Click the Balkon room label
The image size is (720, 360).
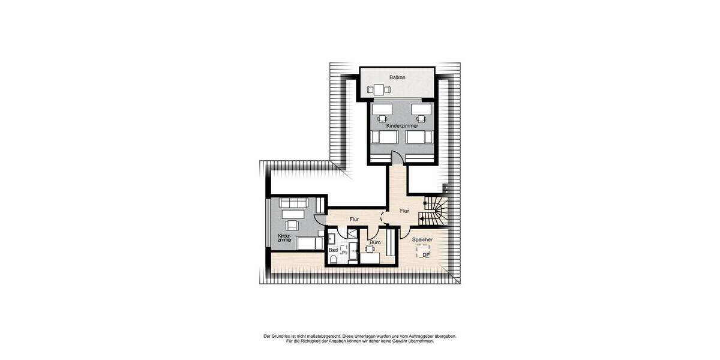(x=397, y=77)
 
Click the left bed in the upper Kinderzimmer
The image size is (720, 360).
(x=385, y=137)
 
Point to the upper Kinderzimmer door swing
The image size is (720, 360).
(x=398, y=157)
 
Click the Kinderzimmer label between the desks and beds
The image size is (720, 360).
(x=402, y=127)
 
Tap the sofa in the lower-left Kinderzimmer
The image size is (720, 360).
(x=294, y=203)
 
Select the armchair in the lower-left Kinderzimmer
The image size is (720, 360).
(x=293, y=225)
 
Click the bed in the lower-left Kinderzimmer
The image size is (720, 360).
(x=305, y=243)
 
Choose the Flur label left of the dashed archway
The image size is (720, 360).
(x=354, y=220)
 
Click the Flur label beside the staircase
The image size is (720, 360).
(x=404, y=211)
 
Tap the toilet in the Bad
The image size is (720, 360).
(x=333, y=259)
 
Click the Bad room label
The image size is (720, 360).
(x=332, y=250)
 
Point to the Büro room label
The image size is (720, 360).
(x=375, y=242)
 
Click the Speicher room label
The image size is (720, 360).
(x=422, y=239)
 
